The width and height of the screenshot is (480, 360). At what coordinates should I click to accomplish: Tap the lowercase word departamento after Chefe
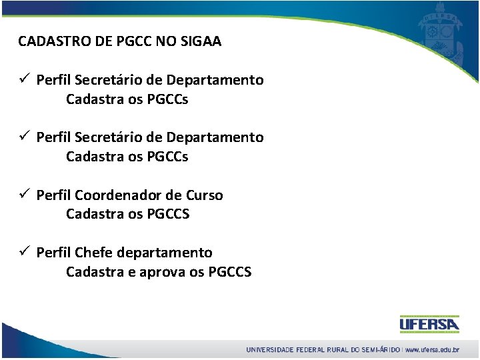click(165, 253)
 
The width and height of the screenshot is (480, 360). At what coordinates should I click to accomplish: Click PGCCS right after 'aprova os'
click(230, 271)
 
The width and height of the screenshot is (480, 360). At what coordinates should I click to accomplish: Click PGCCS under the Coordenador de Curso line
click(167, 214)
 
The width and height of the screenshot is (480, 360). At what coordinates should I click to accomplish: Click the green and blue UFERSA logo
click(429, 324)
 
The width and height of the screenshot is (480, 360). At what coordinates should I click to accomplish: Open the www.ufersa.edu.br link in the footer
click(433, 349)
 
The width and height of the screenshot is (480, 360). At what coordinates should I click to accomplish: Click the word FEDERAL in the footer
click(309, 349)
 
